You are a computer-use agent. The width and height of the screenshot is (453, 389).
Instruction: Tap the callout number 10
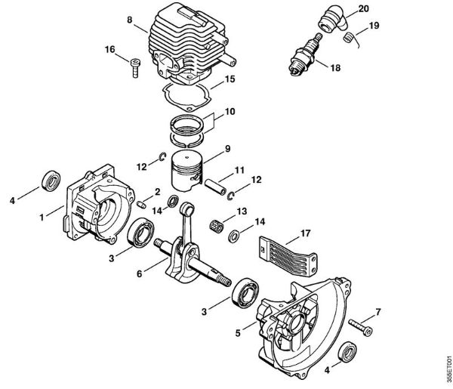[x=230, y=111]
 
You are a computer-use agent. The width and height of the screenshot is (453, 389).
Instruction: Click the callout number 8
[x=129, y=19]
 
